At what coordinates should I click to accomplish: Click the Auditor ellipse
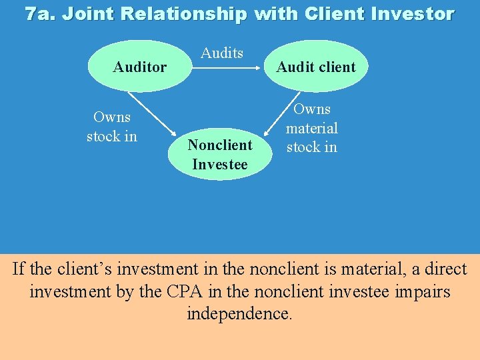click(140, 67)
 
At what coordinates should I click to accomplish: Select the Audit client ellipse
click(316, 67)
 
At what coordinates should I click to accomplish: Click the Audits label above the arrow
click(222, 53)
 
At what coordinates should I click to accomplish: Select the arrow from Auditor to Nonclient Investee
click(151, 115)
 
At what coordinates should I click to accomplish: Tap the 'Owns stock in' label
click(112, 127)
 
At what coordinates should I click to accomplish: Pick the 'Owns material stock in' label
click(312, 128)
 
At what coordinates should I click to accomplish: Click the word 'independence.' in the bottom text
click(239, 314)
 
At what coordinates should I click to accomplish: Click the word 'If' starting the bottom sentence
click(19, 269)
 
